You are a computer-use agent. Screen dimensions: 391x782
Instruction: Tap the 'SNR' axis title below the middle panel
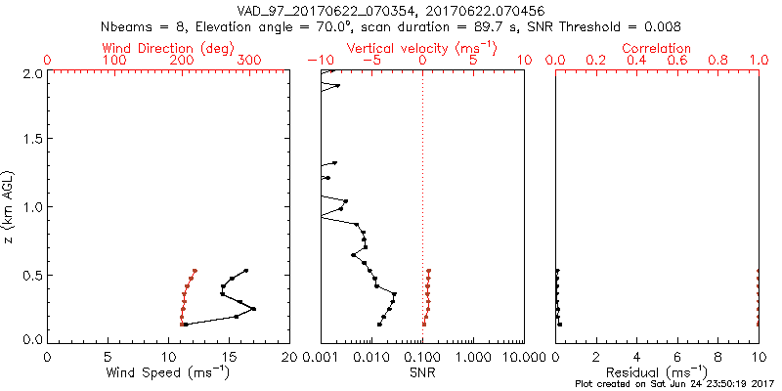(x=422, y=372)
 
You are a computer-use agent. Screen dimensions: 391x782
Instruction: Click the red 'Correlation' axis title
(x=657, y=48)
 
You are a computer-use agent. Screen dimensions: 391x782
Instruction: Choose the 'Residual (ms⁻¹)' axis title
(x=657, y=372)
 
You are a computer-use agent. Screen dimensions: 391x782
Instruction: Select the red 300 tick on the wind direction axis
(x=248, y=61)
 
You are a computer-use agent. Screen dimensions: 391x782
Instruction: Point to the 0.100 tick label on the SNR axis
(x=422, y=356)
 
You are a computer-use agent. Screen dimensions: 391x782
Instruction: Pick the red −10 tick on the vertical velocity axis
(x=315, y=61)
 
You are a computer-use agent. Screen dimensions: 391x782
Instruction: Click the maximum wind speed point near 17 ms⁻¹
(x=253, y=309)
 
